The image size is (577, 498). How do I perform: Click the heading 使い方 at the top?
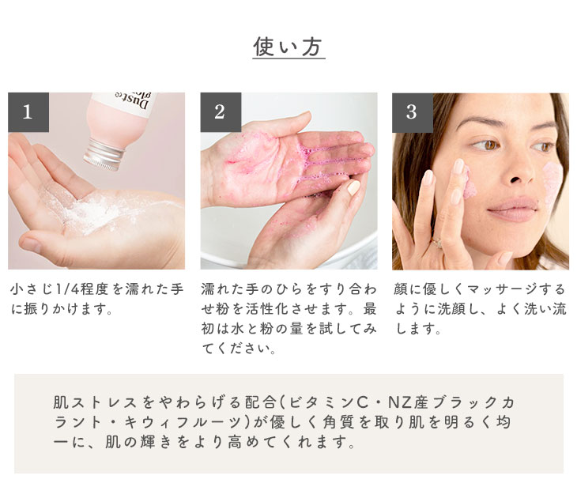288,47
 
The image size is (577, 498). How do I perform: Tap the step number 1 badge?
28,112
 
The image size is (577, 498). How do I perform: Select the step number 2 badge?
221,112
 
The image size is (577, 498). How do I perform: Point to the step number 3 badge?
413,112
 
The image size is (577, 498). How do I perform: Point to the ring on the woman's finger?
437,243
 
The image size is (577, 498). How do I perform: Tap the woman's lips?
513,209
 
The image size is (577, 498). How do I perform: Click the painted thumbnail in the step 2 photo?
353,187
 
